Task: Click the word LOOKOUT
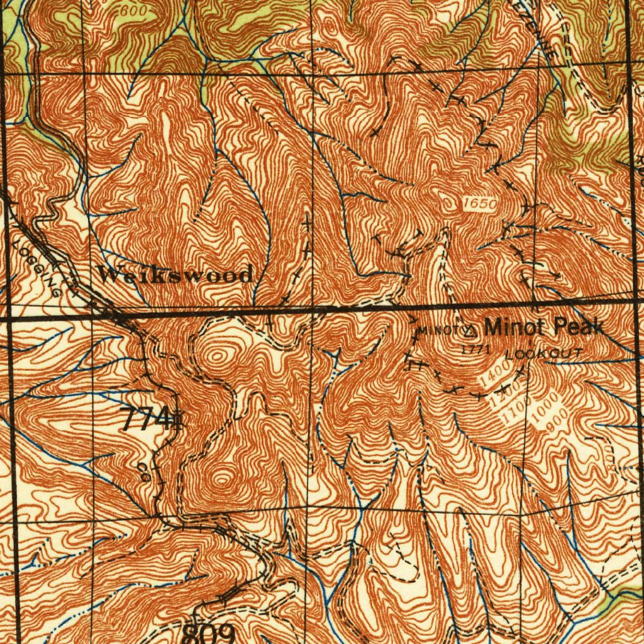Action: (544, 354)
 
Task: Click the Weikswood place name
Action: (175, 274)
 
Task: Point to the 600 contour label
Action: (133, 11)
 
